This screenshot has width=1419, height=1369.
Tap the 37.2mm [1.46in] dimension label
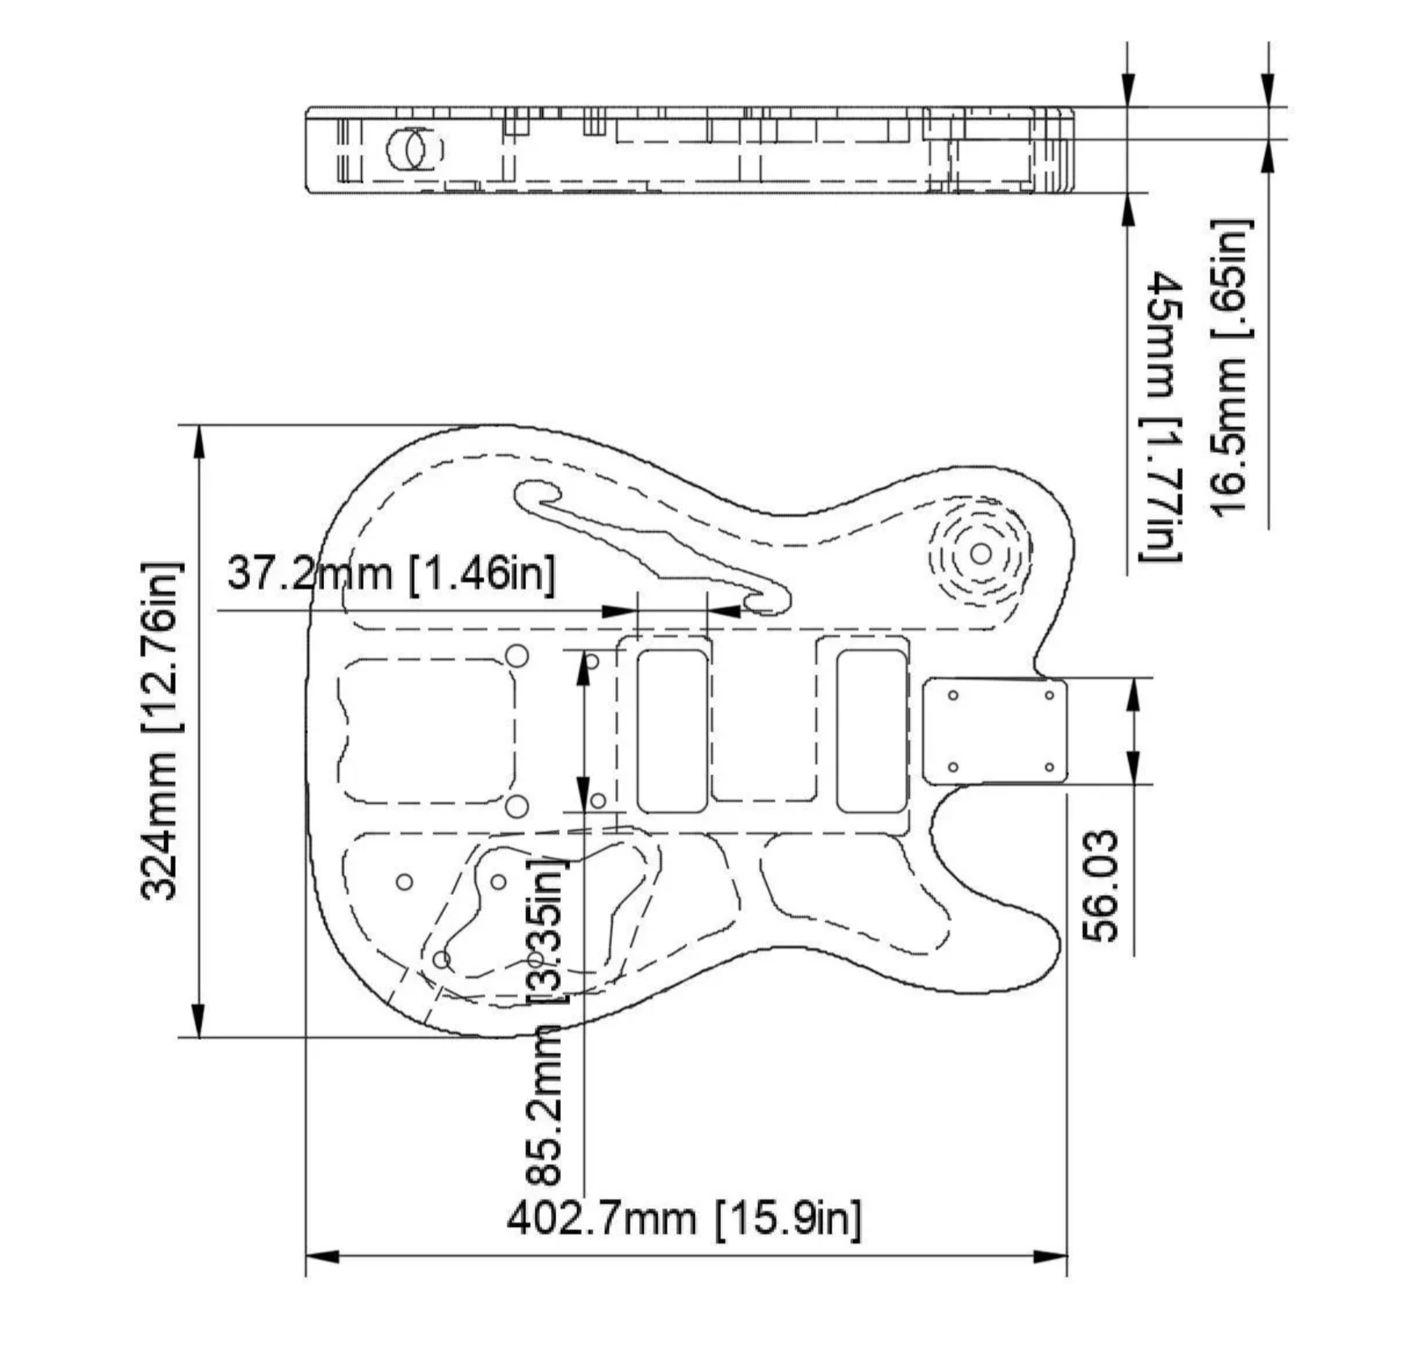(391, 573)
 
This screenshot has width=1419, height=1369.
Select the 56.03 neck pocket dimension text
(1101, 886)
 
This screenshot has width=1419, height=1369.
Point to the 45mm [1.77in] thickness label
(1162, 416)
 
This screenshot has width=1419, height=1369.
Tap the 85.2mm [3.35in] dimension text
(545, 1022)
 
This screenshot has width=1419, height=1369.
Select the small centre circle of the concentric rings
(980, 554)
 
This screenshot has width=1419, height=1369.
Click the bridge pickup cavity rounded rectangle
(672, 731)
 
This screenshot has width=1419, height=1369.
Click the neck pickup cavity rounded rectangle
(870, 731)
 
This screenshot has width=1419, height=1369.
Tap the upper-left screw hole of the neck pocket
(953, 695)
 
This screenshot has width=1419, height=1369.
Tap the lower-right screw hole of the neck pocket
(1049, 767)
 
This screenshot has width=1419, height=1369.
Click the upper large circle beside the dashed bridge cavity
(516, 655)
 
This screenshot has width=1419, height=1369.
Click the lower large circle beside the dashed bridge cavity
(516, 806)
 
